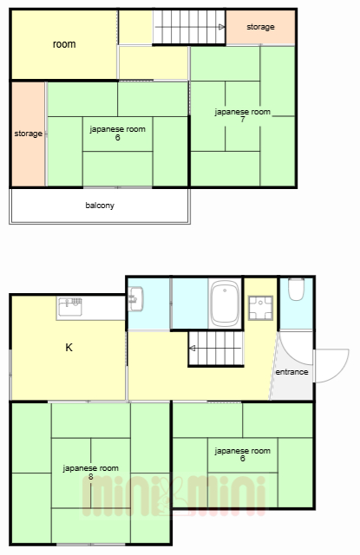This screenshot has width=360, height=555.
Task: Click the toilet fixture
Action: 296,289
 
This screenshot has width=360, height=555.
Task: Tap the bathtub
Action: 225,303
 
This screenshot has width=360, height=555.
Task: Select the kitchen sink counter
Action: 90,308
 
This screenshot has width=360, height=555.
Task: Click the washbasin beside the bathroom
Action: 136,299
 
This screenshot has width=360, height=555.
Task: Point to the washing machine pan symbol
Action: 260,308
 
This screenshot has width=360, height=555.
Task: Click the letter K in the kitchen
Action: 69,348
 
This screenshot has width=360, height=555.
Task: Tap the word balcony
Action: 100,206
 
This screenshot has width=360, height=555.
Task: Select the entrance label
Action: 291,372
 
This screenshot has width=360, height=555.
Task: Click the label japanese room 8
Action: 90,472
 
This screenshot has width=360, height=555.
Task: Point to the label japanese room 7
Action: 243,115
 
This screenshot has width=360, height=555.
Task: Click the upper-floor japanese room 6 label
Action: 117,133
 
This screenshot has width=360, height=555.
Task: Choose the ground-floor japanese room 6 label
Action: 243,454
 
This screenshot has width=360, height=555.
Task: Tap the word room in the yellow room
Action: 64,44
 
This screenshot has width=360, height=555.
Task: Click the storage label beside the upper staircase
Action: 260,27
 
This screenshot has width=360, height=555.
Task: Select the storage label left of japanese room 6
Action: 29,134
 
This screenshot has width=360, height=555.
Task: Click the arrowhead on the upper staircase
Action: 221,27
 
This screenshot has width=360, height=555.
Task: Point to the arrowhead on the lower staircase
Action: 193,349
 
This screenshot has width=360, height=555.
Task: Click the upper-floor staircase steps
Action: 189,27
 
